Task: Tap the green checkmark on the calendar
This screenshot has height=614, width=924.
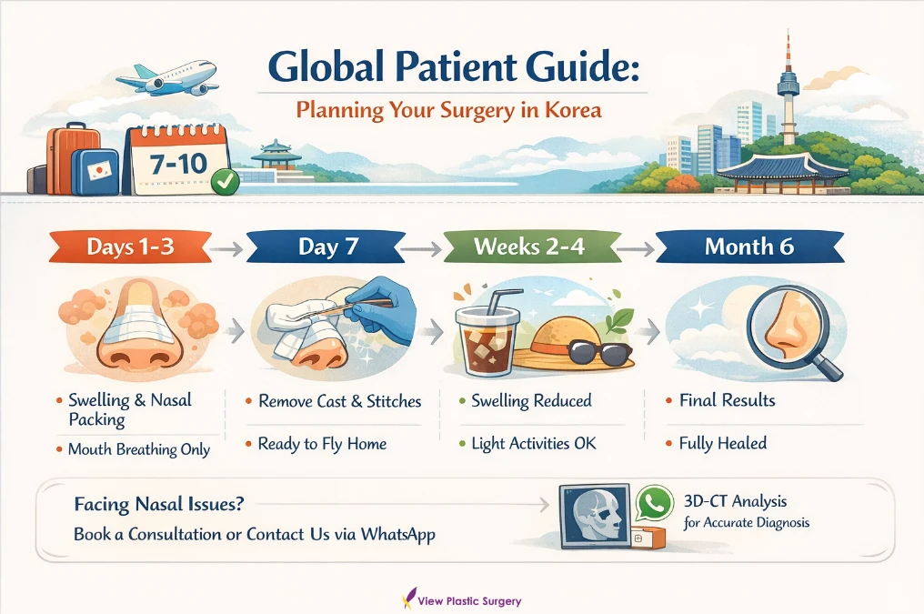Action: [224, 182]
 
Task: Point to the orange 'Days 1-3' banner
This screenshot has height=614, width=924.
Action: [130, 247]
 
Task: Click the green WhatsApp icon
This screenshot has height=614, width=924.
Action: [653, 503]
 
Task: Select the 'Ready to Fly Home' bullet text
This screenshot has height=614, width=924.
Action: [322, 444]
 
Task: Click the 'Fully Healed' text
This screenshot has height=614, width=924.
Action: [723, 444]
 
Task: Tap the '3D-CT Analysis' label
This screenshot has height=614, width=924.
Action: [735, 501]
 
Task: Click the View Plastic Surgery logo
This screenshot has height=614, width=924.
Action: [462, 600]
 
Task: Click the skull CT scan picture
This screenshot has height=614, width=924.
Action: [597, 515]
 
